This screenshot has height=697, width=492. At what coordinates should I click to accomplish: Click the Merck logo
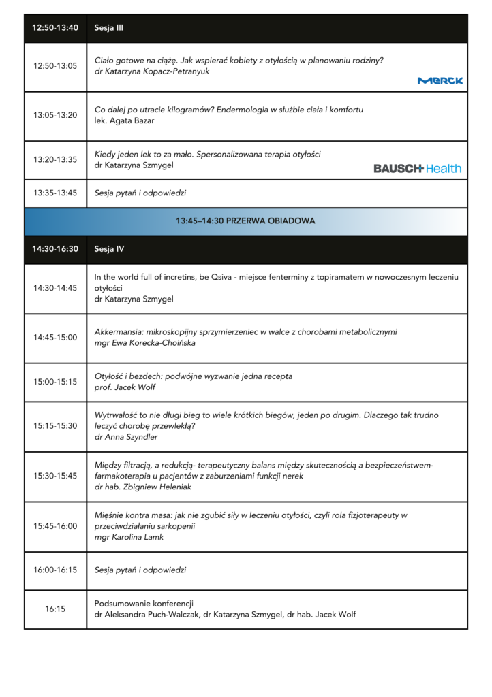coord(440,80)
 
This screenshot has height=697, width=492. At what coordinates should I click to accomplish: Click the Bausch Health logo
coord(417,168)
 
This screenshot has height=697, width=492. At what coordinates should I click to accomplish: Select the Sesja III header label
coord(108,28)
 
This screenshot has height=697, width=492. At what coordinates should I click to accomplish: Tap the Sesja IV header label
coord(109,249)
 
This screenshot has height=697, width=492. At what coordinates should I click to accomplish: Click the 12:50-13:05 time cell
coord(55,66)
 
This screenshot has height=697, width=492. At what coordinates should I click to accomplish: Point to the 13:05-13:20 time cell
coord(55,115)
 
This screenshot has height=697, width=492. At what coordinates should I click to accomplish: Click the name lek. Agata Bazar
coord(124,120)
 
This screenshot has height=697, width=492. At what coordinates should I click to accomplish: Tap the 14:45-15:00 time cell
coord(55,337)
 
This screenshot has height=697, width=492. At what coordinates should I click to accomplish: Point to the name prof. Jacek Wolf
coord(125,387)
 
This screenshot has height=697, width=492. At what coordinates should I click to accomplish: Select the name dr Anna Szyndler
coord(126,437)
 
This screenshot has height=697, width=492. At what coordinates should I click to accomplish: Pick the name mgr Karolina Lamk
coord(129,537)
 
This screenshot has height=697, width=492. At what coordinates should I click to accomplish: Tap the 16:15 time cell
coord(55,609)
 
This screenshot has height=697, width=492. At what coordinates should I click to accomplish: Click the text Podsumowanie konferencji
coord(144,604)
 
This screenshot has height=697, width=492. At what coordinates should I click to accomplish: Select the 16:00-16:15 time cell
coord(55,570)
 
